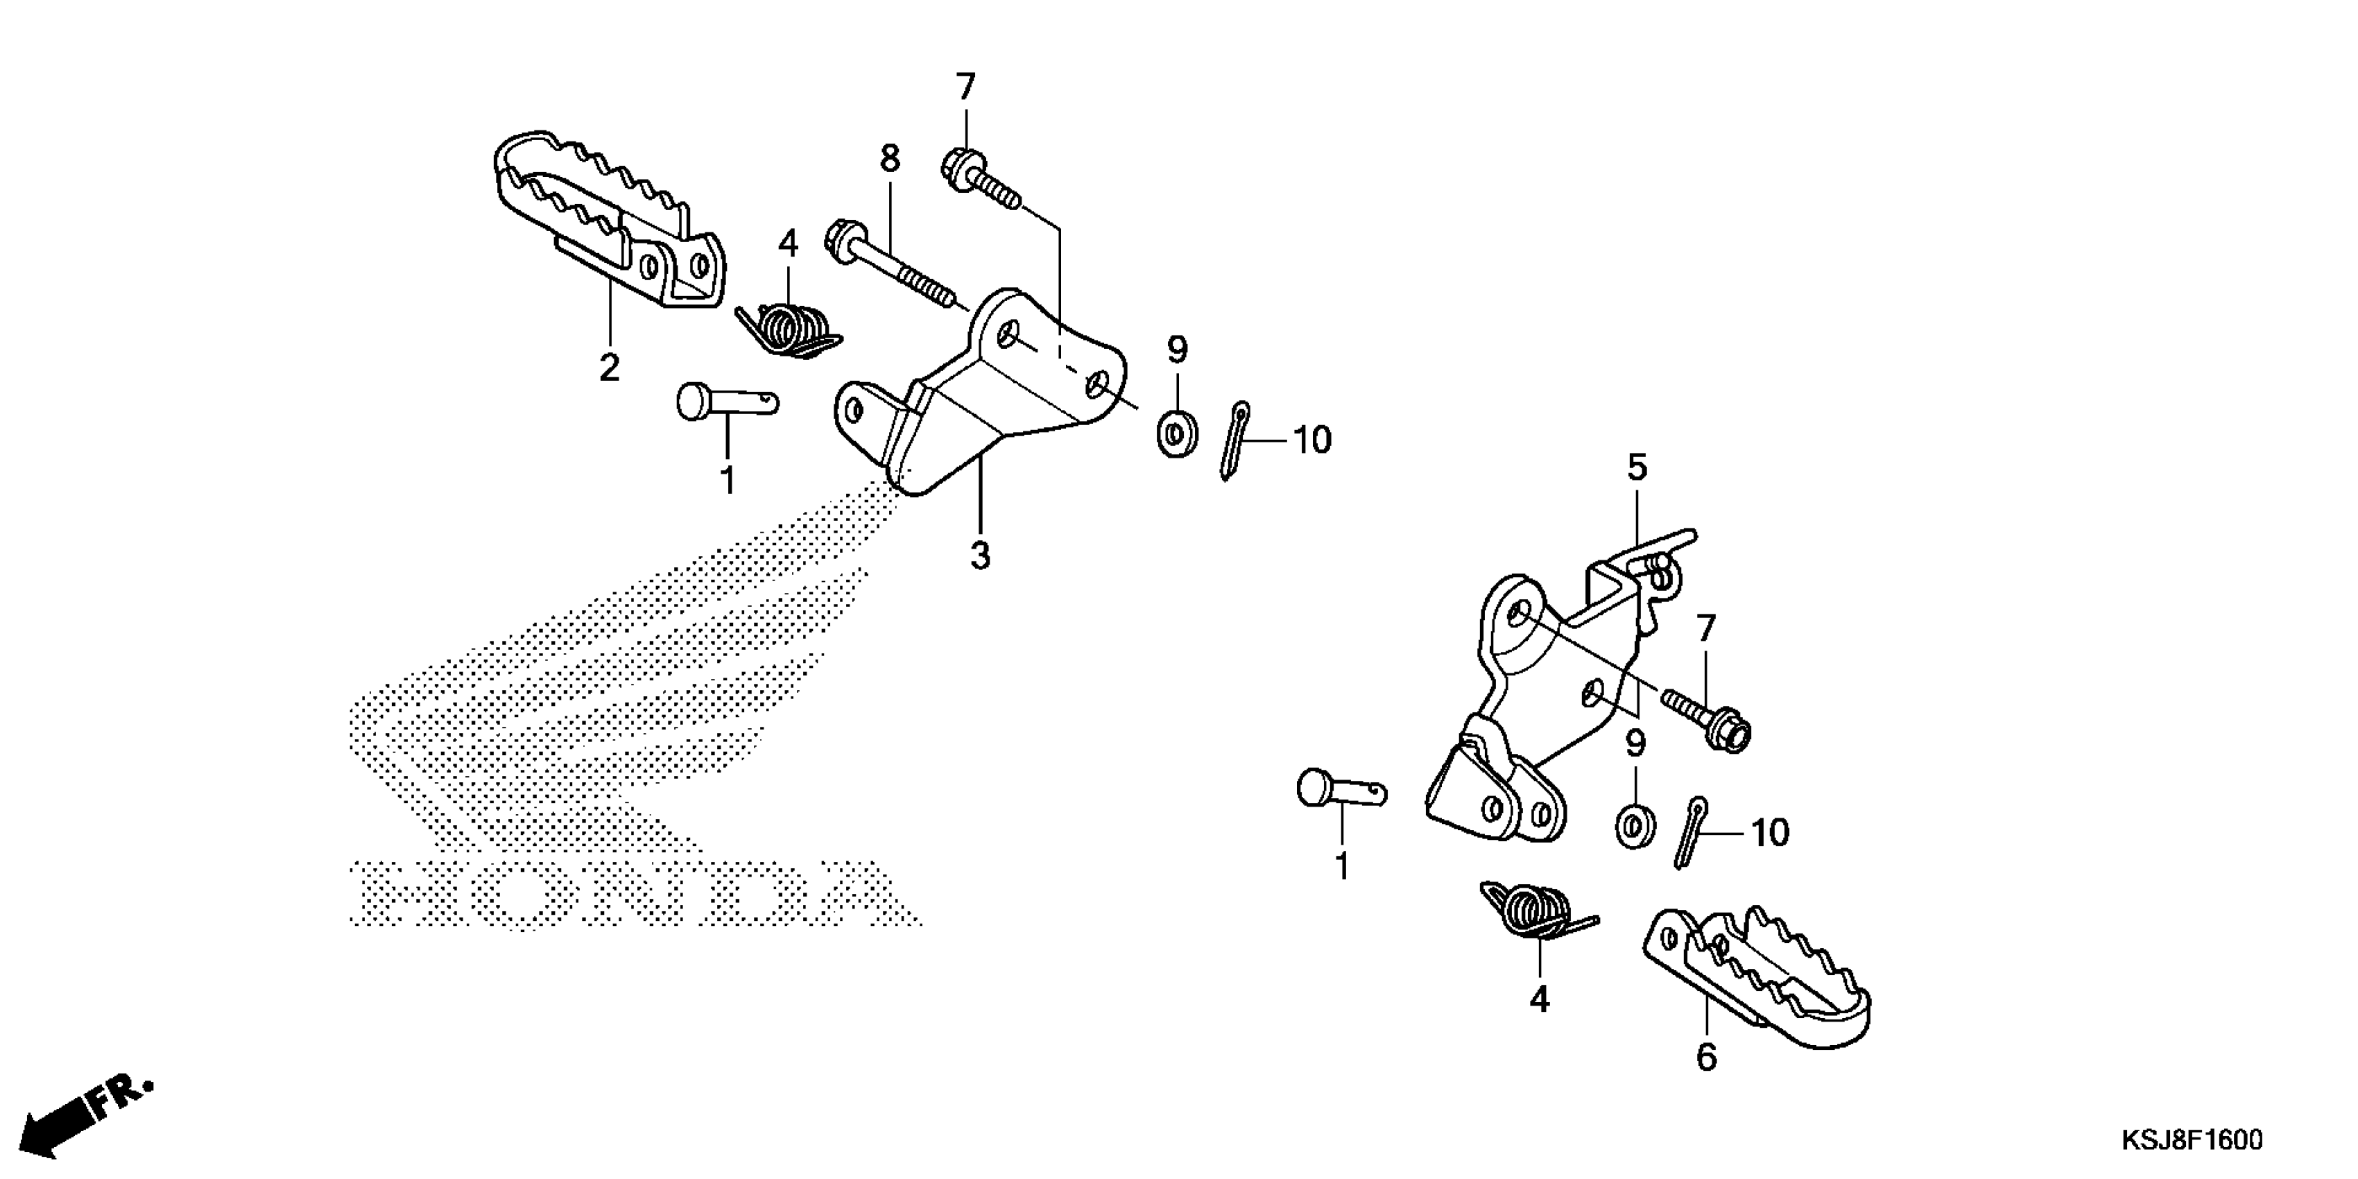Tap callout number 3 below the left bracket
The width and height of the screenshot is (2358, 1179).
pyautogui.click(x=981, y=555)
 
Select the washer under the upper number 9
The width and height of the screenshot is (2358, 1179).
pyautogui.click(x=1177, y=433)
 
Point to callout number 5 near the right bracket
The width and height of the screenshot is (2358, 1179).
pyautogui.click(x=1637, y=467)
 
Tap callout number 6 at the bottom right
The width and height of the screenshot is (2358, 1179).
pyautogui.click(x=1706, y=1057)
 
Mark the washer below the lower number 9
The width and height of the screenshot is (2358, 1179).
pyautogui.click(x=1635, y=827)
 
